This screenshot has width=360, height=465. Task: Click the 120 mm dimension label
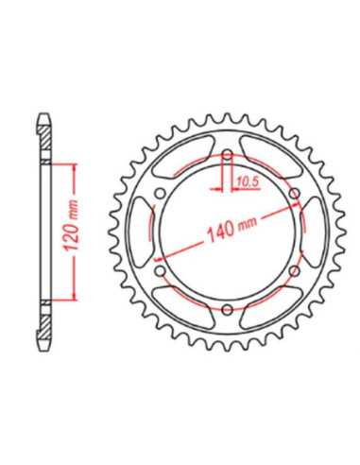71,225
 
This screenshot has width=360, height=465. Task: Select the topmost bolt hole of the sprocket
227,155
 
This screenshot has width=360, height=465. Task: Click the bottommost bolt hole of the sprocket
227,309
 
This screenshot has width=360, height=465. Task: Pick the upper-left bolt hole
161,193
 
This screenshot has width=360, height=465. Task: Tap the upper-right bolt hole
294,194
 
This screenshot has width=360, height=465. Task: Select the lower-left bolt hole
161,270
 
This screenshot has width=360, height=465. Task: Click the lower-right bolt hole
294,270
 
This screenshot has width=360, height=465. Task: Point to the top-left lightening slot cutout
182,156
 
